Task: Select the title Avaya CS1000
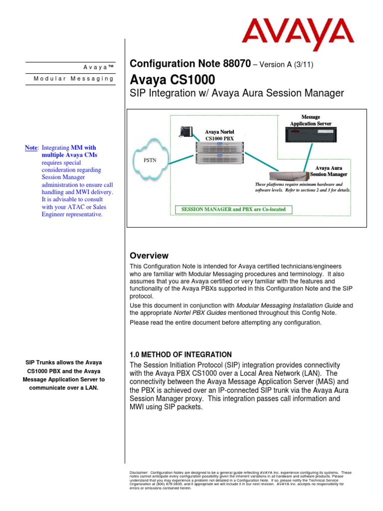tap(173, 79)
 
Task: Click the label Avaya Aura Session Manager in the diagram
tap(328, 171)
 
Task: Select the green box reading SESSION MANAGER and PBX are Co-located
tap(233, 209)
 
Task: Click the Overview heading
tap(149, 255)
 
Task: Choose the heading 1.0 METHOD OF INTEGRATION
tap(181, 354)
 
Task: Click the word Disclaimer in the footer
tap(138, 473)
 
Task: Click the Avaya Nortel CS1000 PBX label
tap(219, 135)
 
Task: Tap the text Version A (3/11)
tap(286, 64)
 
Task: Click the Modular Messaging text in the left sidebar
tap(73, 79)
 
